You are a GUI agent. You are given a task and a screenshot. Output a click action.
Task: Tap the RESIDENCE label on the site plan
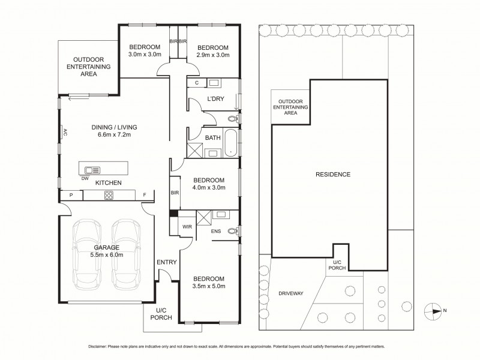(333, 175)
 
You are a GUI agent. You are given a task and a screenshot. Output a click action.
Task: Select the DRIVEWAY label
(291, 293)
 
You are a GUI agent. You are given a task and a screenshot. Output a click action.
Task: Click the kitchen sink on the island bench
(93, 169)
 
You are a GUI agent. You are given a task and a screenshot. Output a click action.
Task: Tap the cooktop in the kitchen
(110, 194)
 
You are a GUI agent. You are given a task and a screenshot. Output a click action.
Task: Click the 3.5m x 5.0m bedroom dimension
(209, 287)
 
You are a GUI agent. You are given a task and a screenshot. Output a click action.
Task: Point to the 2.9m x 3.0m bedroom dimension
(213, 55)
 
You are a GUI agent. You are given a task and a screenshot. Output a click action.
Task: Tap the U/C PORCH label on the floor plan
(161, 313)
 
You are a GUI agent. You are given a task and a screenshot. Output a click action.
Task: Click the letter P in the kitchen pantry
(71, 194)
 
